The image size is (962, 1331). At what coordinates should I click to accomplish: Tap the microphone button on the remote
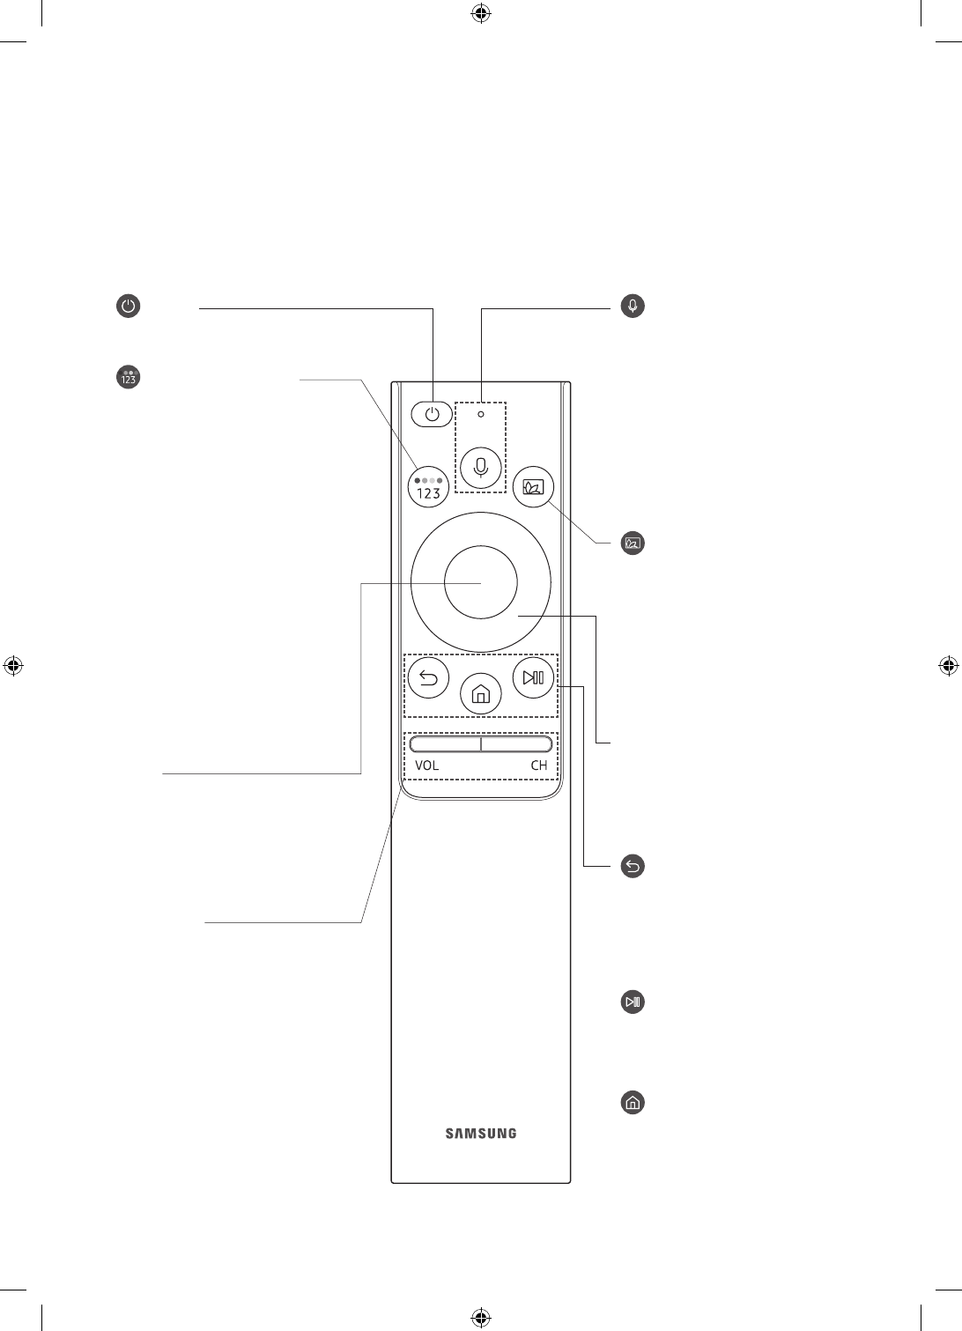click(481, 467)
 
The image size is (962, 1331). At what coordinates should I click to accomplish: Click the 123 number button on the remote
click(428, 487)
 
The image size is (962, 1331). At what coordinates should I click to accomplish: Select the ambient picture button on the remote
click(533, 487)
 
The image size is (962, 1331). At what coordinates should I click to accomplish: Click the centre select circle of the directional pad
click(481, 582)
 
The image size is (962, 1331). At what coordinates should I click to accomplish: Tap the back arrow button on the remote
click(428, 678)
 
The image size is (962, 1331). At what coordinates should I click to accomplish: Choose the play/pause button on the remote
click(533, 678)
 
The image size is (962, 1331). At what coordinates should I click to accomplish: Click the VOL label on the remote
click(427, 765)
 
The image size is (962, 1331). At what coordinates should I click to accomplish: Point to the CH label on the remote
click(538, 765)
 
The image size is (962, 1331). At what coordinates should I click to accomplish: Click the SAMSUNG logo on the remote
click(481, 1134)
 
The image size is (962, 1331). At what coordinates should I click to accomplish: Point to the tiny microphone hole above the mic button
click(481, 414)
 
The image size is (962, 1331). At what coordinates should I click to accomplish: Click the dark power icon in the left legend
click(129, 307)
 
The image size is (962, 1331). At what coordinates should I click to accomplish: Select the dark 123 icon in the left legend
click(129, 377)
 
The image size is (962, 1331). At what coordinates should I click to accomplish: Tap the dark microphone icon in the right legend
click(633, 306)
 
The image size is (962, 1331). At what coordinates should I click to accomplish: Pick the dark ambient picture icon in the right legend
click(633, 543)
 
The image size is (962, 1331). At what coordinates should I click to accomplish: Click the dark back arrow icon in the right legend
click(633, 866)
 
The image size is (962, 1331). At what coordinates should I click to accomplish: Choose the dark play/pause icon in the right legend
click(633, 1002)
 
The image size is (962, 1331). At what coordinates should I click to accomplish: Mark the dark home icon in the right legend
click(633, 1102)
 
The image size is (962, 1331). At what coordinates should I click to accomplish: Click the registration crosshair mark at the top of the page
click(481, 13)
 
